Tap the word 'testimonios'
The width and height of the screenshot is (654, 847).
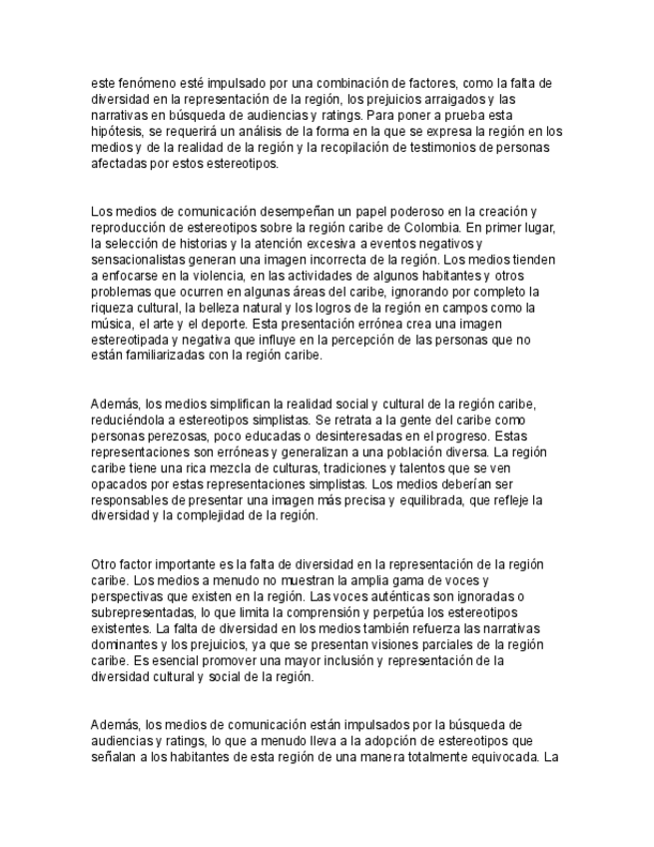point(448,147)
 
